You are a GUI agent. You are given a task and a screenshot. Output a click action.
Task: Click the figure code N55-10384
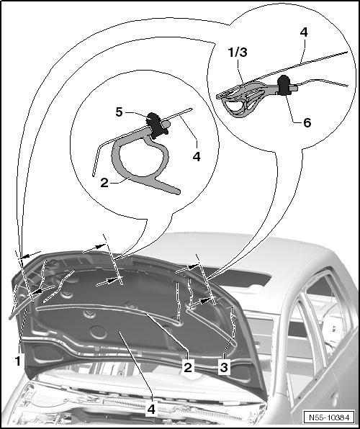pyautogui.click(x=329, y=417)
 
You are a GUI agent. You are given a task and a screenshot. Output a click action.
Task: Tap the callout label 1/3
pyautogui.click(x=238, y=52)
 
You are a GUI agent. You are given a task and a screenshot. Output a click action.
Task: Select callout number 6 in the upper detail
pyautogui.click(x=307, y=122)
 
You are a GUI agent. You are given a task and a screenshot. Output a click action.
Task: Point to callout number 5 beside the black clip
pyautogui.click(x=119, y=112)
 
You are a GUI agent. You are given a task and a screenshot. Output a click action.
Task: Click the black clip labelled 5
pyautogui.click(x=156, y=125)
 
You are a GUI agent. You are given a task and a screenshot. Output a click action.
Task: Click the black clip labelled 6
pyautogui.click(x=284, y=86)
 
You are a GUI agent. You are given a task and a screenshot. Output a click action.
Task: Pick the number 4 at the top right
pyautogui.click(x=304, y=32)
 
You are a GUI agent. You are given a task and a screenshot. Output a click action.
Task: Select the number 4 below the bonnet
pyautogui.click(x=151, y=410)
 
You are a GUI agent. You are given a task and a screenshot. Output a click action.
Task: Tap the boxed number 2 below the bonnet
pyautogui.click(x=188, y=367)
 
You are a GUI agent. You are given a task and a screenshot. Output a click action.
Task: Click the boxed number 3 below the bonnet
pyautogui.click(x=224, y=367)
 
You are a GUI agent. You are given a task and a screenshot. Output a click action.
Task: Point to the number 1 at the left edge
pyautogui.click(x=18, y=361)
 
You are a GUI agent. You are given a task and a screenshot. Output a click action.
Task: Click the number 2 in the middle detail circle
pyautogui.click(x=104, y=183)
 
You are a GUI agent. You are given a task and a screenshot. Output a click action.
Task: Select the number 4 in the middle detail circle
pyautogui.click(x=197, y=157)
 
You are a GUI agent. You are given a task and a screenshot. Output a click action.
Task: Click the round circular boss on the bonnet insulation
pyautogui.click(x=99, y=332)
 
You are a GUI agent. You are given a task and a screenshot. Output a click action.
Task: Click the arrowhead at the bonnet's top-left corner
pyautogui.click(x=23, y=257)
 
